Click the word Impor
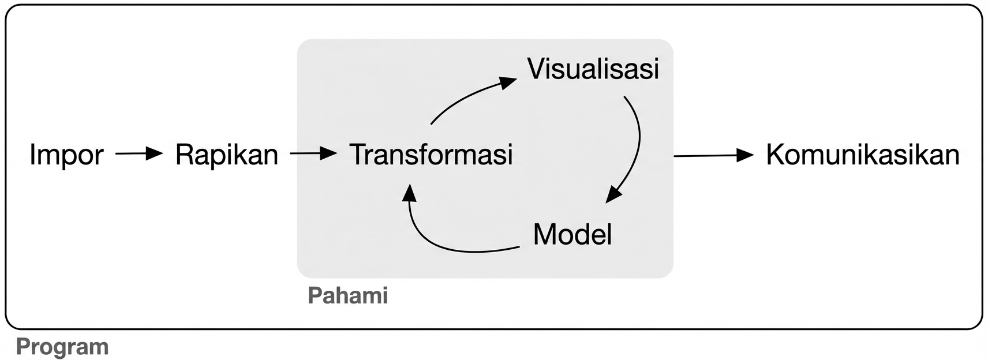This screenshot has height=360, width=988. click(66, 155)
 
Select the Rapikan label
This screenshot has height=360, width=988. click(226, 155)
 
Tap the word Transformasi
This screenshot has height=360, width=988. click(431, 155)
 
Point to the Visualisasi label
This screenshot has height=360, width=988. click(593, 69)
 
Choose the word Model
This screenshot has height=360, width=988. click(572, 234)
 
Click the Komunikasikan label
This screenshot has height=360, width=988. click(862, 155)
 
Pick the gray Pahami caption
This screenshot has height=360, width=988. click(347, 295)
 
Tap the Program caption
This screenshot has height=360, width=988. click(62, 347)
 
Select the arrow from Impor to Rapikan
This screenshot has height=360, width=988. click(139, 154)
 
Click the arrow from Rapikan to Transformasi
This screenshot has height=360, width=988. click(313, 154)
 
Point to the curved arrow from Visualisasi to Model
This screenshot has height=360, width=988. click(637, 144)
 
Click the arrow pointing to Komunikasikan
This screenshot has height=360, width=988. click(713, 155)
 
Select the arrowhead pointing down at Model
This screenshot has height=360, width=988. click(614, 194)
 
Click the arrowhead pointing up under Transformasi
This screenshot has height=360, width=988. click(409, 193)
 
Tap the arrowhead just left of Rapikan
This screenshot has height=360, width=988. click(155, 153)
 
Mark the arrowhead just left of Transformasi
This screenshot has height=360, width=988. click(328, 153)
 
